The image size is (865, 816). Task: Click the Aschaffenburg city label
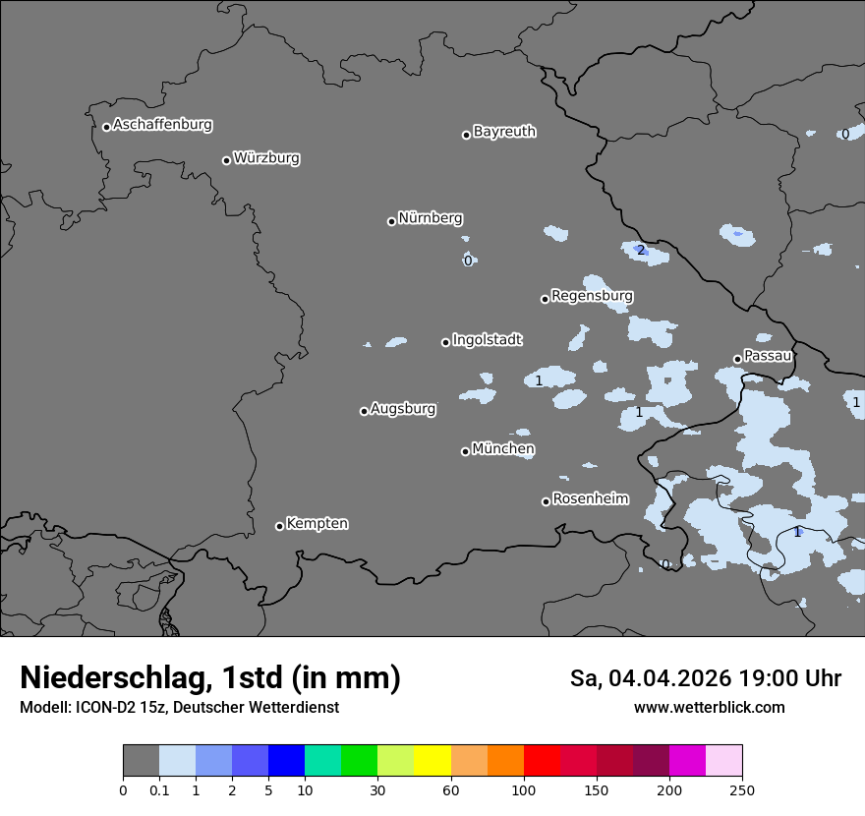pos(162,125)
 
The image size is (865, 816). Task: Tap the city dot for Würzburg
pos(226,160)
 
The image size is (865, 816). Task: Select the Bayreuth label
pos(504,132)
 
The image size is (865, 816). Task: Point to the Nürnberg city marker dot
pos(391,221)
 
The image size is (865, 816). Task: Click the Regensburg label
pos(592,296)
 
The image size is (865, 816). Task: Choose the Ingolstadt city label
pos(487,340)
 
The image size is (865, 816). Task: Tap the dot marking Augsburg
pos(364,411)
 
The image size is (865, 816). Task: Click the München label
pos(503,449)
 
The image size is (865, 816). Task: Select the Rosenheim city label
pos(590,499)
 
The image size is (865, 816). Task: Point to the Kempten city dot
pos(279,526)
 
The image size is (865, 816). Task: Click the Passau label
pos(768,356)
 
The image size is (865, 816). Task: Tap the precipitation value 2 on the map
pos(641,251)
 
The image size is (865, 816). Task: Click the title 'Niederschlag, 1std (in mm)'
pos(210,678)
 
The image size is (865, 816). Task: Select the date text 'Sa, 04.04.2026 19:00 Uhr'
pos(705,678)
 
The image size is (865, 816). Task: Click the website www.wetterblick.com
pos(709,708)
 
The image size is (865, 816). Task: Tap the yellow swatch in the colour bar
pos(432,761)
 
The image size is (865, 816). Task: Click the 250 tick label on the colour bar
pos(741,789)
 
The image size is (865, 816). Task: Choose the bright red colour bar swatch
pos(542,761)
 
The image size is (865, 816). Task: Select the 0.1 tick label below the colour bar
pos(159,789)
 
